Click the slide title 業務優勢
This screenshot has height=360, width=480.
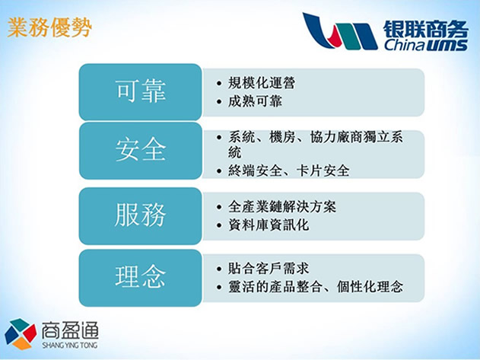[49, 28]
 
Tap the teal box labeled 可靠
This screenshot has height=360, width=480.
[141, 92]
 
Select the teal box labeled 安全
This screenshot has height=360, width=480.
[141, 151]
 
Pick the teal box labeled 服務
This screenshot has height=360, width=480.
[141, 216]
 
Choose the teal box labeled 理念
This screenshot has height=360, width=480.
[141, 278]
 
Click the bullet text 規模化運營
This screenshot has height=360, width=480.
[262, 83]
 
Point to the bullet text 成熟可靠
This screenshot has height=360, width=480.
[255, 101]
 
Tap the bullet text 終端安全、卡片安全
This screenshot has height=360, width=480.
[288, 170]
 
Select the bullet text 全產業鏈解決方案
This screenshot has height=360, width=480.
[282, 207]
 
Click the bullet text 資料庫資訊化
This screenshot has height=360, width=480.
[269, 225]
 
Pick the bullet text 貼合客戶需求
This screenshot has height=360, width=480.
[269, 269]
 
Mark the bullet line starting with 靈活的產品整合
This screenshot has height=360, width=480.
[316, 287]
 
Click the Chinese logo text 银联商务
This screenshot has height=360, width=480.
[426, 30]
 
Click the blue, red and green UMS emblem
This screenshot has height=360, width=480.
[340, 31]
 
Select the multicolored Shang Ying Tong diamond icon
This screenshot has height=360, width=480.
[21, 333]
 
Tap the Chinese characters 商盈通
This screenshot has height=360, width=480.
[70, 330]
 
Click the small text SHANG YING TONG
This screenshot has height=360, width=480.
[70, 346]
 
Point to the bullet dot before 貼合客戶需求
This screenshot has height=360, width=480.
[219, 269]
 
